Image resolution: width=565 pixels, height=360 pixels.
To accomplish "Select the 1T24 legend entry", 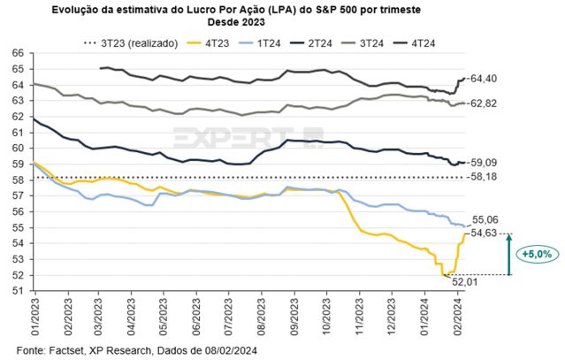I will pos(271,42).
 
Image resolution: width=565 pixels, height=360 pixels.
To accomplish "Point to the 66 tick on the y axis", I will pos(19,54).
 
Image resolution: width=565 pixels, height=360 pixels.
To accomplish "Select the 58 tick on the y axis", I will pos(19,180).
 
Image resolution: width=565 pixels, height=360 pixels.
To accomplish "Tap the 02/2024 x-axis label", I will pos(458,315).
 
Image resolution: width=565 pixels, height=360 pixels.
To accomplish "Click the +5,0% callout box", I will pos(537,254).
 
